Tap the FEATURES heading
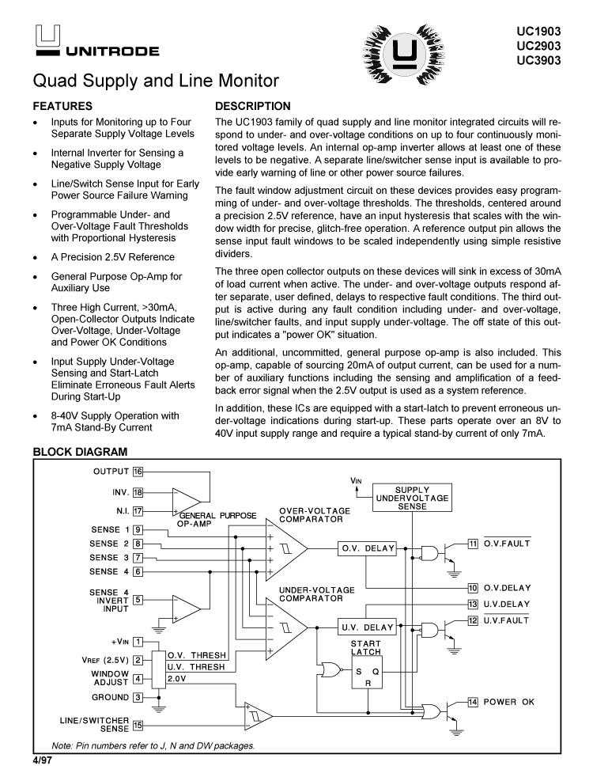(62, 106)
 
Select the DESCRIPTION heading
(253, 106)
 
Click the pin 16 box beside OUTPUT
(138, 472)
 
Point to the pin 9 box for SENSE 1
(138, 529)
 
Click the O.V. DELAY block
(367, 548)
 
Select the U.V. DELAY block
(367, 627)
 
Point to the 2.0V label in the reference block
(178, 678)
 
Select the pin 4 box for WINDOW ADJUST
(138, 678)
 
